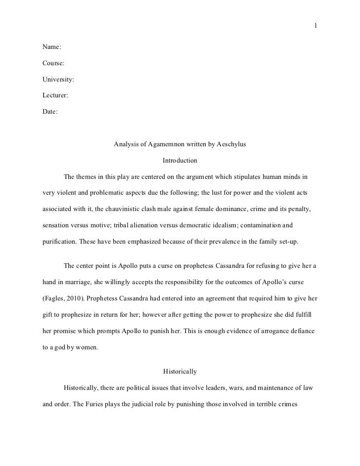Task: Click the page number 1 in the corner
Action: point(315,26)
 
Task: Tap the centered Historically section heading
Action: point(180,371)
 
